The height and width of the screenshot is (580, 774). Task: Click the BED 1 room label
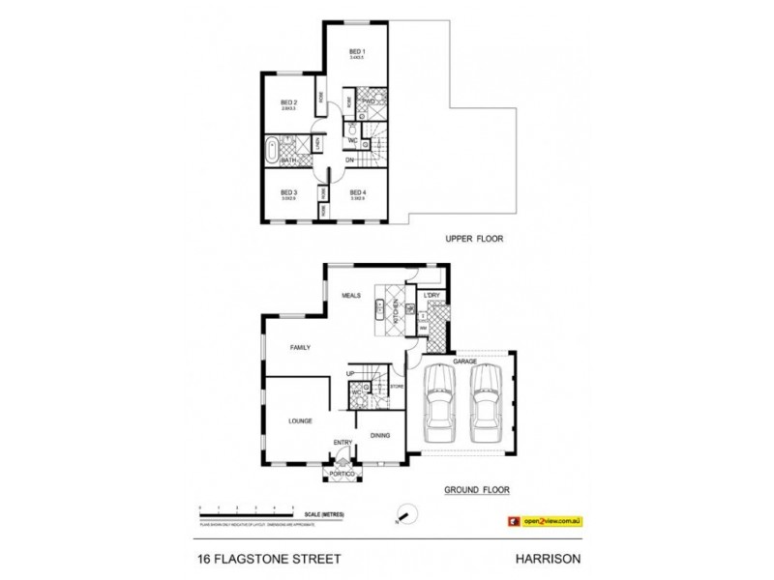pyautogui.click(x=356, y=50)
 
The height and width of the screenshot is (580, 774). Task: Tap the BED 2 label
pyautogui.click(x=288, y=102)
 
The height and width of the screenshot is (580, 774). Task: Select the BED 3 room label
pyautogui.click(x=288, y=191)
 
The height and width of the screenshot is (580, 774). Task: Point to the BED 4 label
pyautogui.click(x=357, y=191)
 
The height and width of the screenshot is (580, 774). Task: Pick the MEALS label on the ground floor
pyautogui.click(x=349, y=299)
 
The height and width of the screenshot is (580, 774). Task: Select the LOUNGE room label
pyautogui.click(x=299, y=420)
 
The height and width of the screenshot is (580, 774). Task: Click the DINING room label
pyautogui.click(x=380, y=435)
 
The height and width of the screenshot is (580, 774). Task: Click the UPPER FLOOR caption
pyautogui.click(x=475, y=238)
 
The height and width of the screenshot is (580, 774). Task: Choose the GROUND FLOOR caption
pyautogui.click(x=477, y=490)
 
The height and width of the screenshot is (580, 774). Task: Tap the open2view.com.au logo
pyautogui.click(x=545, y=520)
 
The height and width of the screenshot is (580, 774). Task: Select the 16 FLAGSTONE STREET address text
pyautogui.click(x=258, y=559)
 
